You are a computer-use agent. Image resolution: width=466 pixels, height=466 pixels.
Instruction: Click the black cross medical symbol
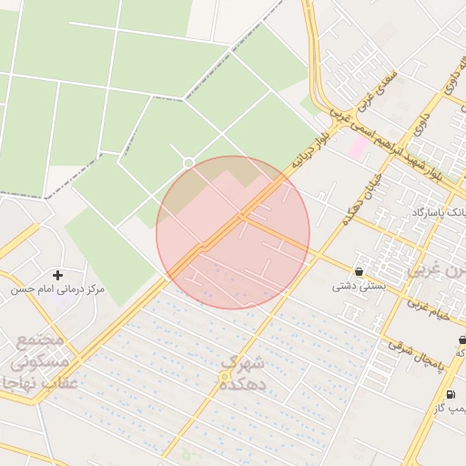58,274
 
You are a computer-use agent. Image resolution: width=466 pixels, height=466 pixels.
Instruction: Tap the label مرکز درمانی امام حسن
57,289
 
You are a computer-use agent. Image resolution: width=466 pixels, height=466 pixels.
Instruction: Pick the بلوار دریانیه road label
309,149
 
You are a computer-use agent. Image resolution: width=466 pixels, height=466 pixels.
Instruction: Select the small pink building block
360,146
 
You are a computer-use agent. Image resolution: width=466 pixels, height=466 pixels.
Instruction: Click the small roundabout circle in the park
188,163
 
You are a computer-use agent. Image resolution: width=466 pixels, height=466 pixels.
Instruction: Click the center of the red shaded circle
233,232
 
